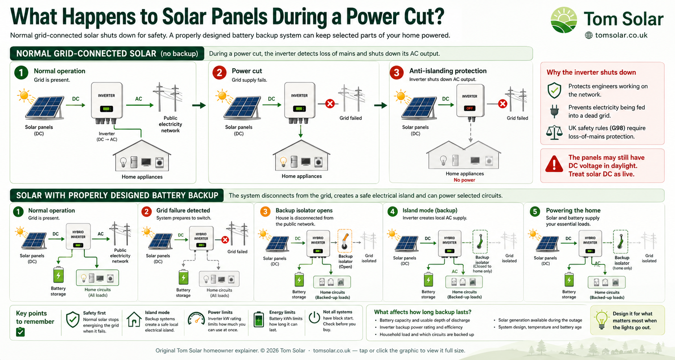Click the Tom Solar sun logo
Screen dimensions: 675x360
tap(564, 20)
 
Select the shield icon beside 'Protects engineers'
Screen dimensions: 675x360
tap(554, 90)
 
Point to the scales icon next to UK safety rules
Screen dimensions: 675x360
tap(554, 132)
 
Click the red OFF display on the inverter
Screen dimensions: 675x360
tap(470, 108)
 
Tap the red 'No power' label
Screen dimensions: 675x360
tap(464, 180)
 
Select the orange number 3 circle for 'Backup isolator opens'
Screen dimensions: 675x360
tap(265, 212)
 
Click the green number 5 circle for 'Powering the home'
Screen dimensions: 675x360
tap(535, 212)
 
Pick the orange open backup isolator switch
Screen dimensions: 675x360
tap(345, 241)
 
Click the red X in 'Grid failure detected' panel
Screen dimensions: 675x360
tap(225, 240)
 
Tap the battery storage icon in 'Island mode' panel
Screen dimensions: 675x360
tap(429, 280)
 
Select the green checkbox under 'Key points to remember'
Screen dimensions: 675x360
tap(20, 332)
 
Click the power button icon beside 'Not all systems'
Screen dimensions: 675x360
tap(315, 318)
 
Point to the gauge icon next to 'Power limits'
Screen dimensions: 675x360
tap(196, 319)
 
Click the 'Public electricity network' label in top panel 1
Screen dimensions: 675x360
tap(170, 124)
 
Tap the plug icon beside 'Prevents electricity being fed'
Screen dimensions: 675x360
tap(554, 111)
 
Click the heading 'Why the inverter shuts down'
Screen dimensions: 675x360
tap(591, 72)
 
